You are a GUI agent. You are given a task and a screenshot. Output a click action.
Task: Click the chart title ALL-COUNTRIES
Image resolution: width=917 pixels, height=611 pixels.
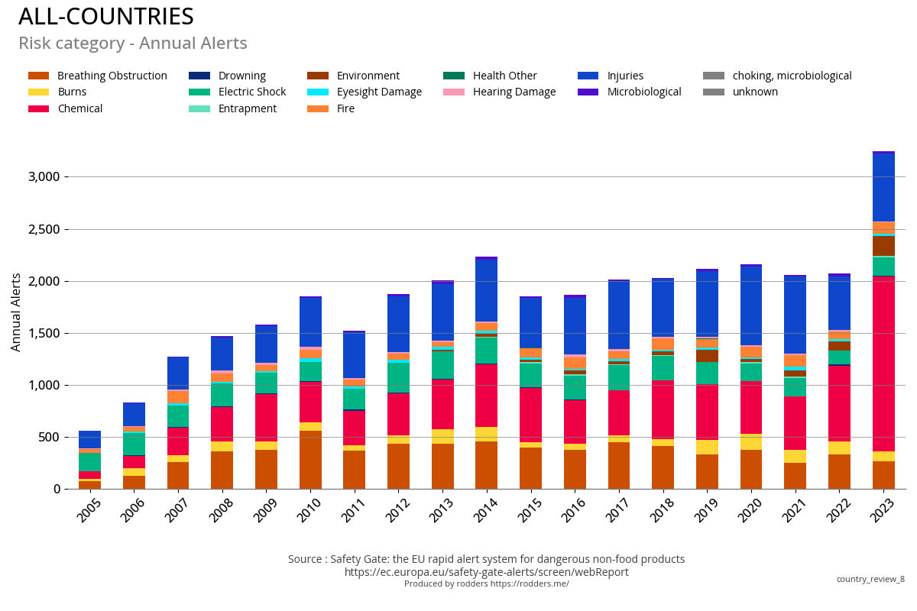click(106, 17)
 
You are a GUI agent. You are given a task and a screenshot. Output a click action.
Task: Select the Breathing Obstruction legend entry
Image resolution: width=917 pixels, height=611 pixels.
click(112, 76)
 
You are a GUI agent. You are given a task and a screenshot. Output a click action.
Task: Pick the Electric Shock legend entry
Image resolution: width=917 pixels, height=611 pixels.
click(251, 92)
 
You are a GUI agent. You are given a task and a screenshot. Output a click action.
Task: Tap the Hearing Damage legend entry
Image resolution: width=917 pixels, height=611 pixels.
click(514, 92)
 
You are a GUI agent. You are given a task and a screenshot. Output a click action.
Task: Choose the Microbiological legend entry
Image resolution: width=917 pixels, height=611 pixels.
click(643, 92)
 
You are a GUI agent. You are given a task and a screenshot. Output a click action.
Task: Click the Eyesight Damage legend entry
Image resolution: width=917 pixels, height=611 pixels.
click(378, 92)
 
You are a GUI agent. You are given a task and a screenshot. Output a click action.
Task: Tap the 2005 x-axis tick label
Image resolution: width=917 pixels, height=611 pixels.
click(89, 509)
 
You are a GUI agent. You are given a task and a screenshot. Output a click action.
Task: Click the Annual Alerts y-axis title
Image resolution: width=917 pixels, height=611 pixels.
click(16, 312)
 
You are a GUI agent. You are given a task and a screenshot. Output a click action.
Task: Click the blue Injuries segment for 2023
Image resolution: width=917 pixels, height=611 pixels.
click(884, 188)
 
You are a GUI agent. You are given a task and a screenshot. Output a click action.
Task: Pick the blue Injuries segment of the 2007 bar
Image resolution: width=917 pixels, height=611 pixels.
click(178, 373)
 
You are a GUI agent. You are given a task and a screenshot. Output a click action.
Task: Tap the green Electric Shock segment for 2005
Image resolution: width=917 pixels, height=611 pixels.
click(89, 462)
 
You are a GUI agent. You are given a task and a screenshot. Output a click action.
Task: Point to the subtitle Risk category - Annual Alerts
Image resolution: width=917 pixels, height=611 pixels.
click(133, 44)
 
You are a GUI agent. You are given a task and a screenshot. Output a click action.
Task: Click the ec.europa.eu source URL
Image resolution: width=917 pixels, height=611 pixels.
click(486, 572)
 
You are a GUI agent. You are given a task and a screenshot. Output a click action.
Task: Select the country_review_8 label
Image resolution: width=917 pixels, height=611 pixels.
click(870, 579)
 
